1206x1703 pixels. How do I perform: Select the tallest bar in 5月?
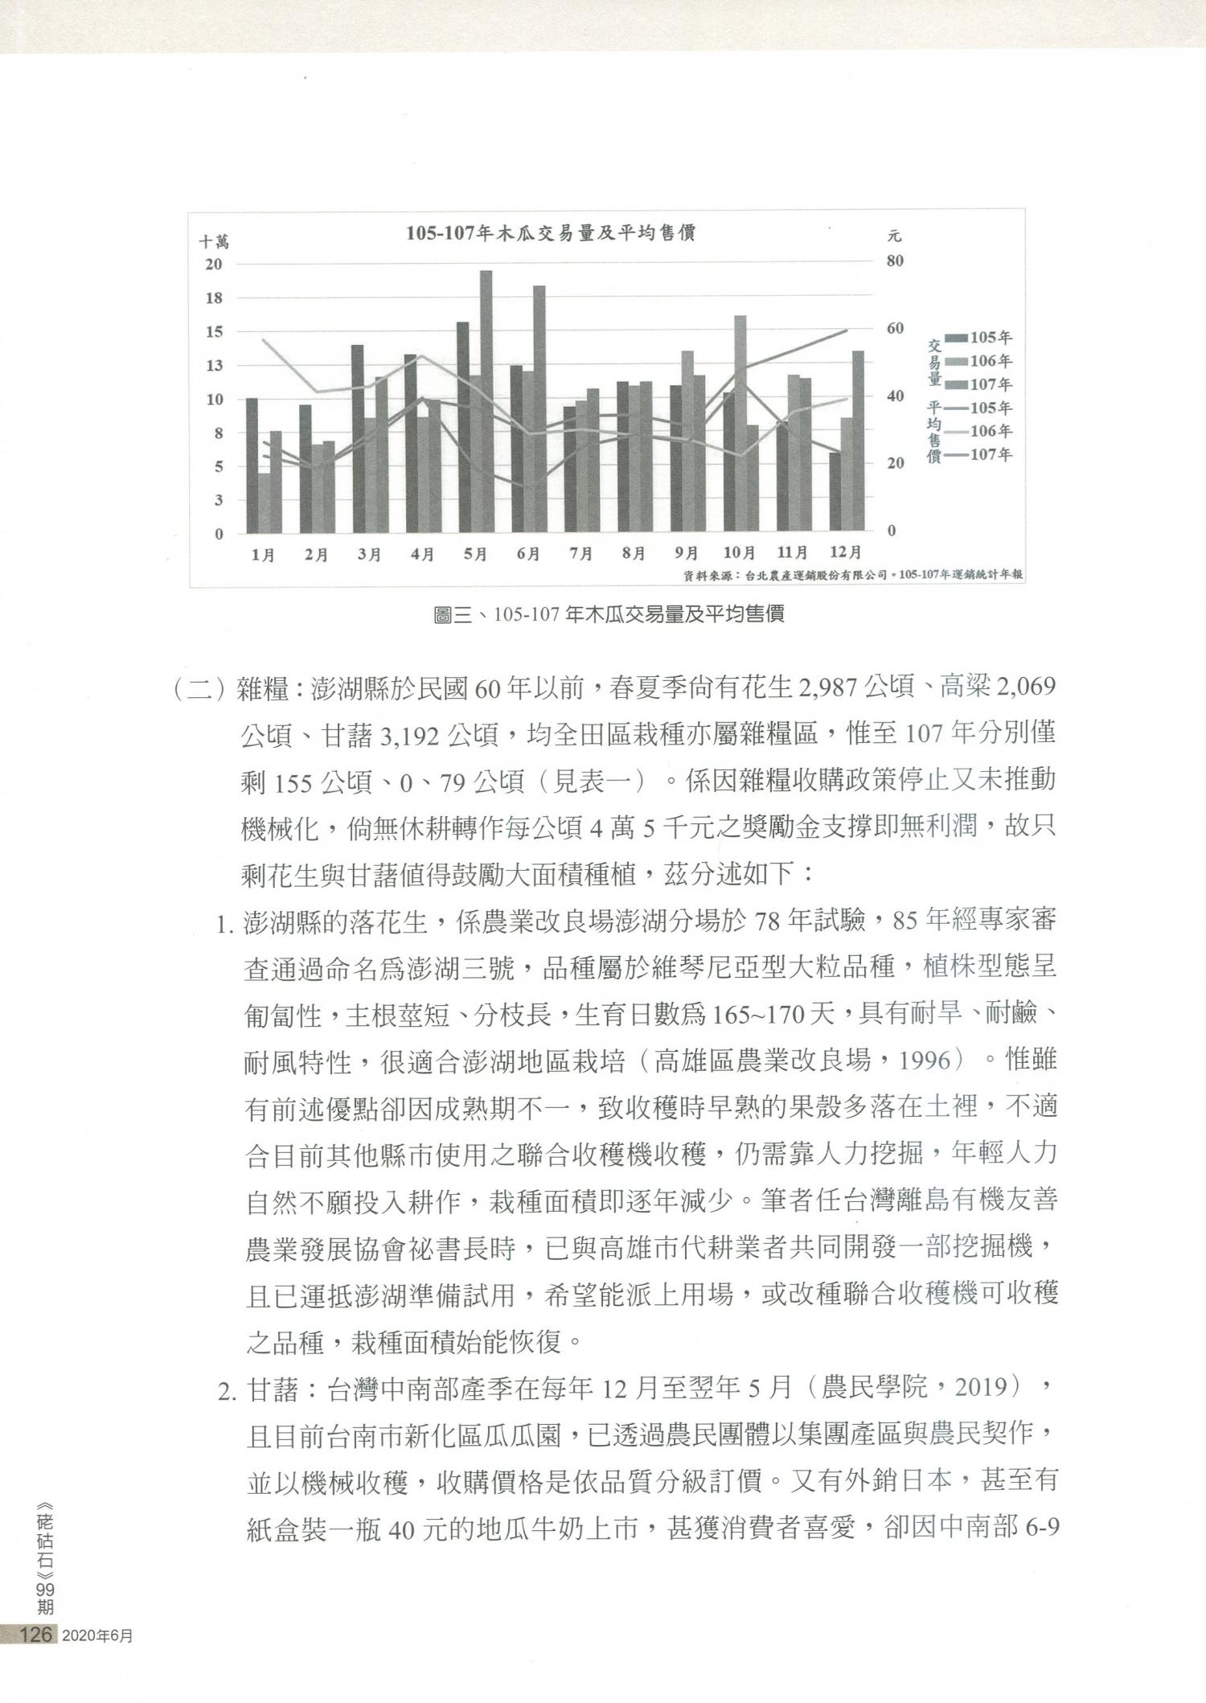pyautogui.click(x=486, y=402)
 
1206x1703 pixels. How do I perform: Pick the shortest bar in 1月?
pyautogui.click(x=264, y=503)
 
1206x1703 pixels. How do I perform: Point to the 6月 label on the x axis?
pyautogui.click(x=527, y=554)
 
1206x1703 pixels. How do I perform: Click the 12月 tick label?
pyautogui.click(x=844, y=552)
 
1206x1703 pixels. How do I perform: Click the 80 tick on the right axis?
pyautogui.click(x=896, y=261)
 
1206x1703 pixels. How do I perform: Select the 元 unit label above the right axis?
pyautogui.click(x=894, y=236)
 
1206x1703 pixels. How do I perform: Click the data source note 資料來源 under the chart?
pyautogui.click(x=852, y=575)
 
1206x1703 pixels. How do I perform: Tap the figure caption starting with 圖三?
pyautogui.click(x=609, y=615)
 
